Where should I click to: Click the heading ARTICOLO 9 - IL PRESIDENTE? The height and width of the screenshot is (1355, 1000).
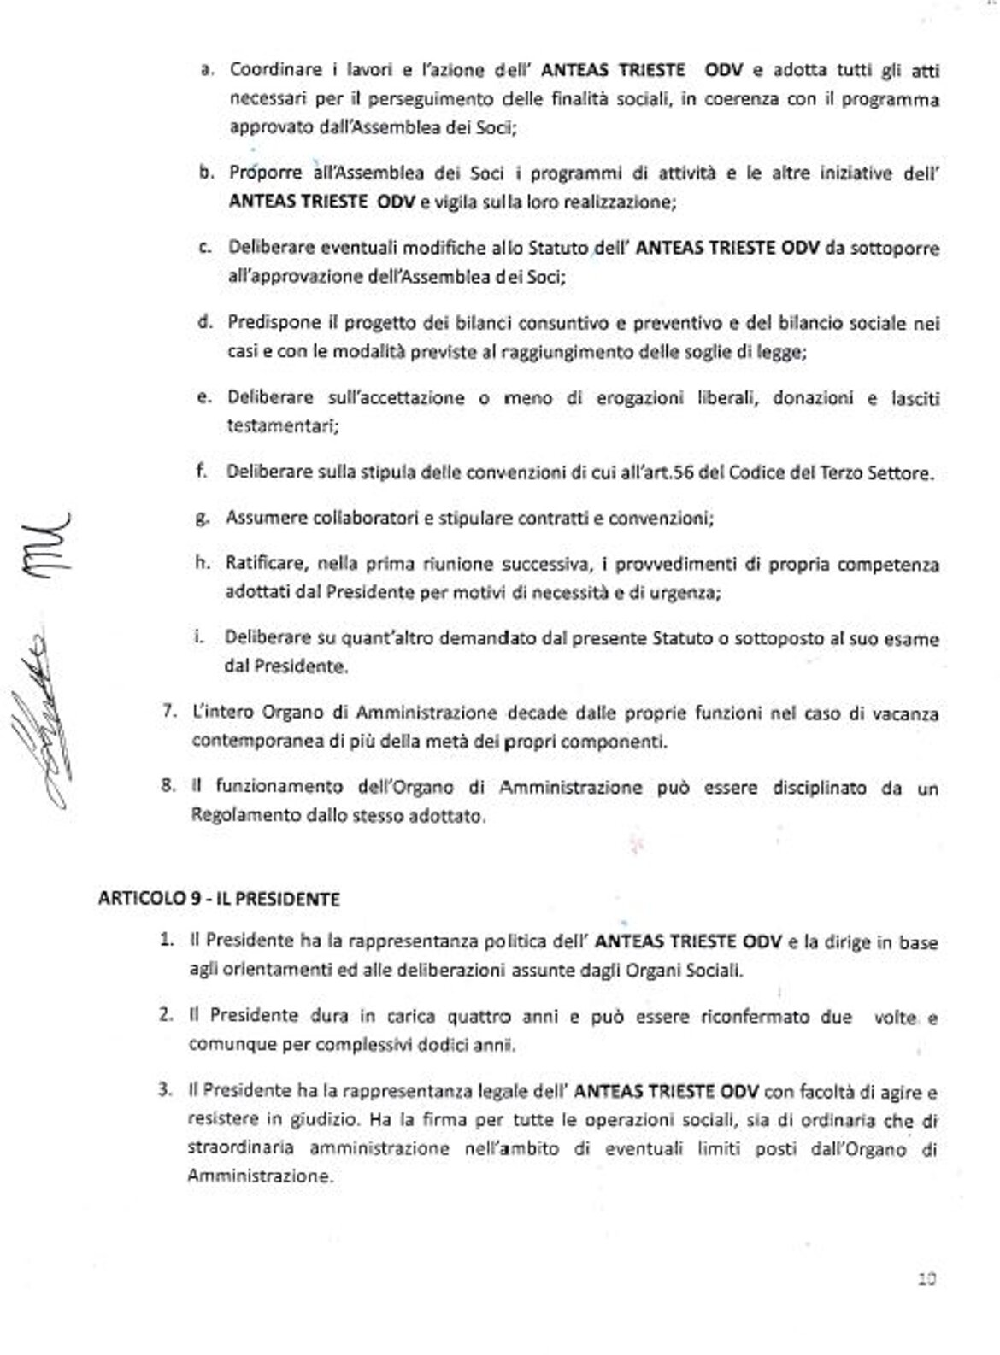(219, 899)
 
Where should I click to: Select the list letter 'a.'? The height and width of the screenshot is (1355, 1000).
(206, 70)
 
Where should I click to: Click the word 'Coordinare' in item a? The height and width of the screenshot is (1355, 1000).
(263, 70)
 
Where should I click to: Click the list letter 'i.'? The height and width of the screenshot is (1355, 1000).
(198, 638)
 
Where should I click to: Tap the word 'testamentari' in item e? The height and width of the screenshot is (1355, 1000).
(278, 425)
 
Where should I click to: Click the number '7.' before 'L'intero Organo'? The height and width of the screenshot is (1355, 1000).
(169, 713)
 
